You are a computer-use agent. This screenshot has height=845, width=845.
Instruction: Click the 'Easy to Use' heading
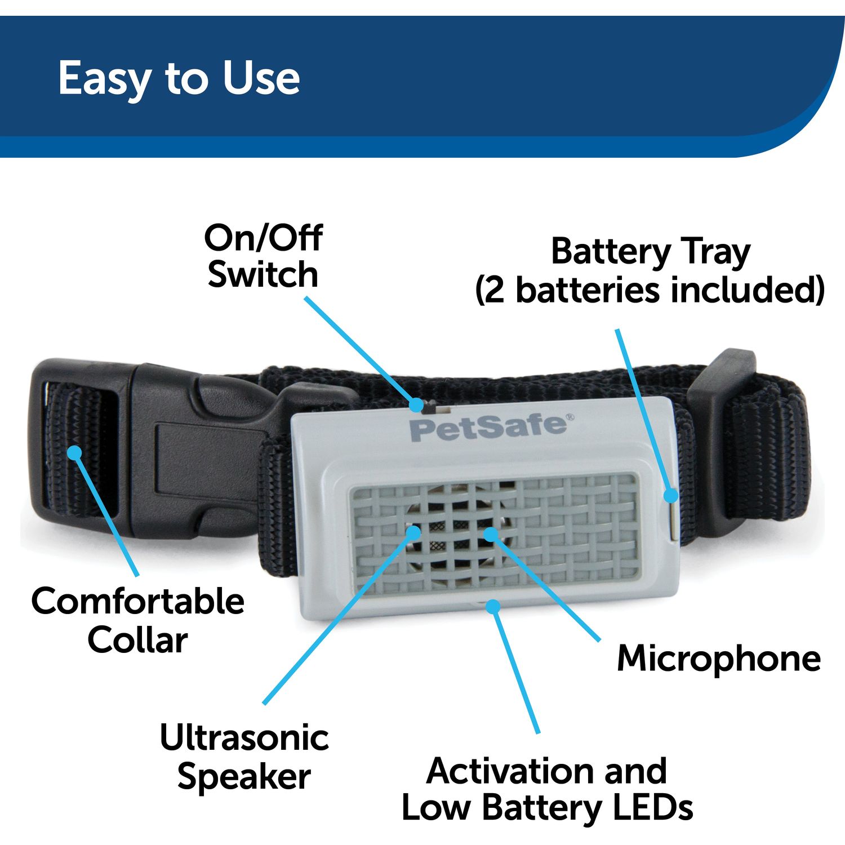pyautogui.click(x=179, y=79)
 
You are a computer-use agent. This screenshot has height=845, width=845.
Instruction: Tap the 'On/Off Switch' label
pyautogui.click(x=263, y=256)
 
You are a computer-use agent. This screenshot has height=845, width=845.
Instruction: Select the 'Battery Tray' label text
pyautogui.click(x=651, y=252)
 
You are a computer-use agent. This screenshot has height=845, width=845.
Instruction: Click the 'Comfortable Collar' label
pyautogui.click(x=137, y=620)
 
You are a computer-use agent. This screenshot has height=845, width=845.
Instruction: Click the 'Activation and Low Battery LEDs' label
pyautogui.click(x=546, y=789)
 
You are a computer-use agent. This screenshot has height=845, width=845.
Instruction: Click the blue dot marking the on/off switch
pyautogui.click(x=416, y=404)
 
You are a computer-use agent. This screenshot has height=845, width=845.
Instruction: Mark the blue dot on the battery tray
pyautogui.click(x=670, y=495)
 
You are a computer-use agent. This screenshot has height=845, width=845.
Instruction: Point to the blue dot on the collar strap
pyautogui.click(x=74, y=452)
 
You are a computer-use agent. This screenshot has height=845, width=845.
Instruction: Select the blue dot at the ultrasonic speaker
pyautogui.click(x=413, y=532)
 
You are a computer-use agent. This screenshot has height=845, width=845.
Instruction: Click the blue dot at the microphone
pyautogui.click(x=491, y=533)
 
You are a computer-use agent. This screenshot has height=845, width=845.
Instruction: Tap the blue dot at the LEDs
pyautogui.click(x=493, y=607)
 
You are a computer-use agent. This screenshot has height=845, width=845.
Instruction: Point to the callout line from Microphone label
pyautogui.click(x=546, y=589)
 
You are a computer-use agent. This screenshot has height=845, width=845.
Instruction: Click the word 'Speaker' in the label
pyautogui.click(x=244, y=777)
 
